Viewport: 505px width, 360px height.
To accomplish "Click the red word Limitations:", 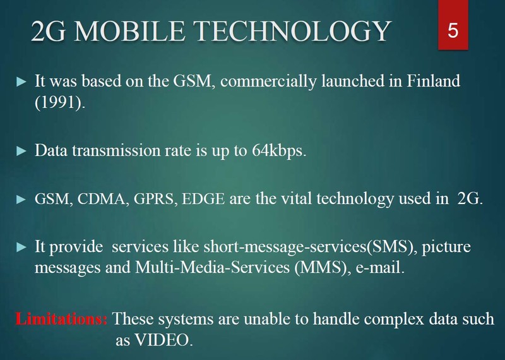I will tap(61, 319).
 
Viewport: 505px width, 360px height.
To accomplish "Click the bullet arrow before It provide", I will tap(22, 247).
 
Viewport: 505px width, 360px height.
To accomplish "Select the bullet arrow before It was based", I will tap(22, 82).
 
